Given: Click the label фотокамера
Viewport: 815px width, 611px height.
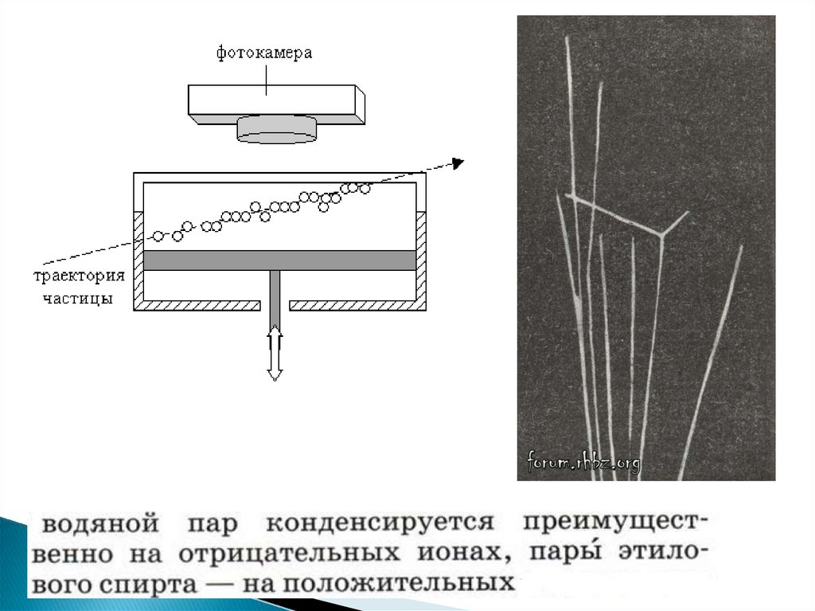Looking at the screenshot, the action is (x=264, y=54).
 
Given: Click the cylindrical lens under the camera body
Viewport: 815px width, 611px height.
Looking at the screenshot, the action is (x=276, y=129).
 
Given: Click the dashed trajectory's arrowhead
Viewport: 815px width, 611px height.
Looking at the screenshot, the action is (x=457, y=163).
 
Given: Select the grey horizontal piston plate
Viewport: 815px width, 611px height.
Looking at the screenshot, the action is (x=279, y=260).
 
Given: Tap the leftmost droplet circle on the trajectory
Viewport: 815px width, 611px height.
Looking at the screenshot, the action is (x=158, y=236).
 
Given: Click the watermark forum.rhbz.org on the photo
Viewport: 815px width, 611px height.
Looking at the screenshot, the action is (x=583, y=462).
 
